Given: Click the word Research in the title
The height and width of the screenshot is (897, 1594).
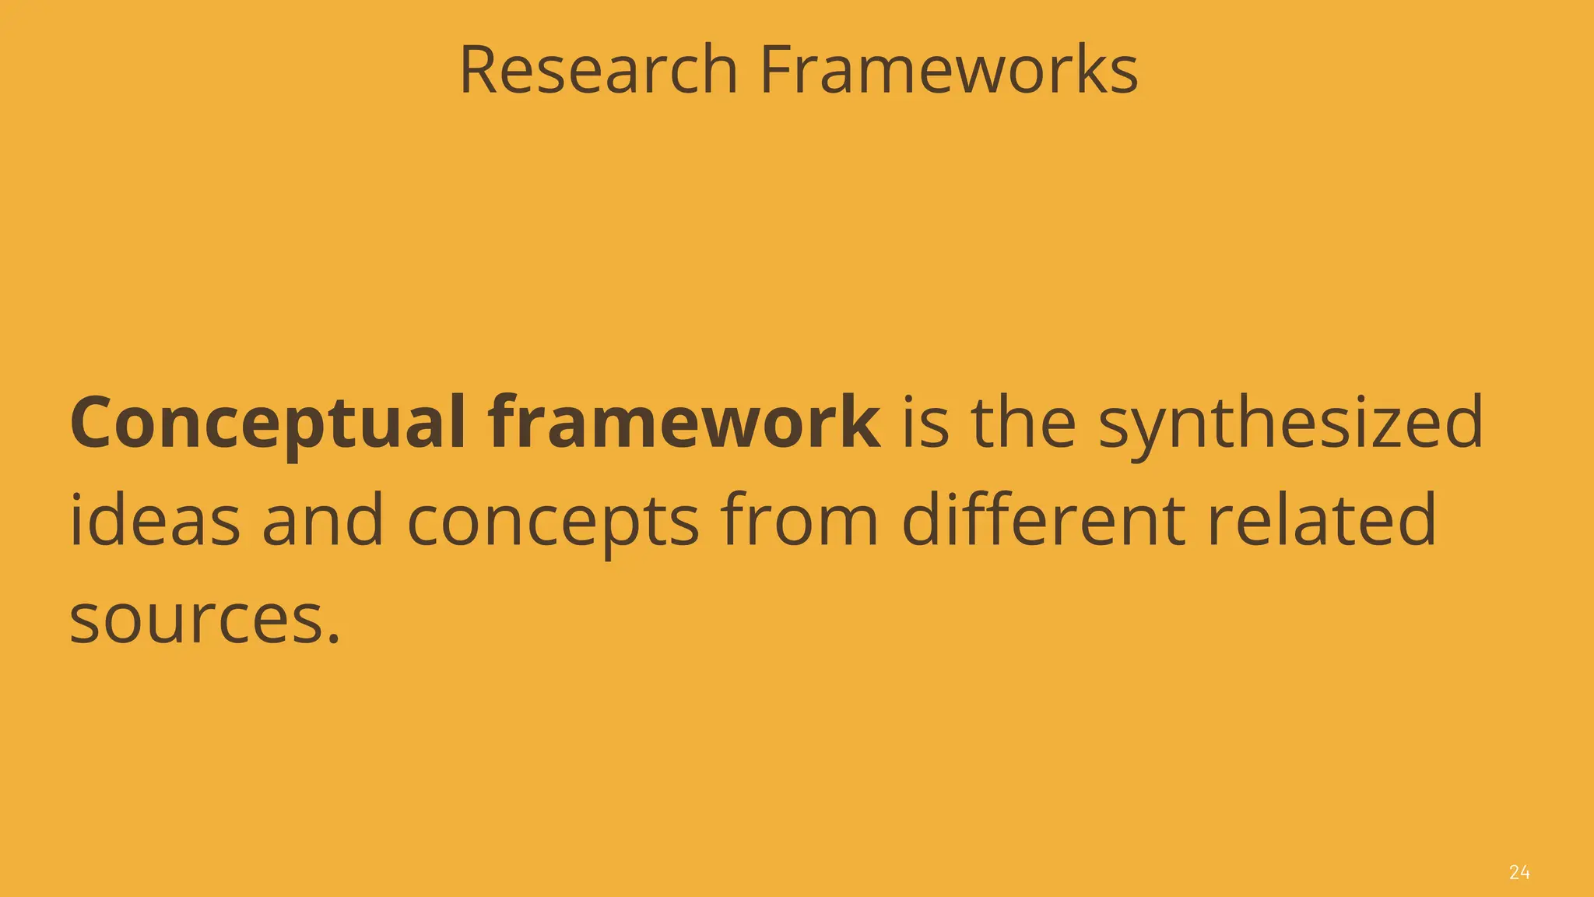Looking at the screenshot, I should pyautogui.click(x=598, y=70).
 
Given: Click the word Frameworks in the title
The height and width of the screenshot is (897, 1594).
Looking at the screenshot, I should pyautogui.click(x=949, y=70).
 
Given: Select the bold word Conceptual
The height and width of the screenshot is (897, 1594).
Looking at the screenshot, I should pyautogui.click(x=268, y=424).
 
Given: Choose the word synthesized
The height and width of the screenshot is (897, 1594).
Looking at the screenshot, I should pyautogui.click(x=1290, y=424).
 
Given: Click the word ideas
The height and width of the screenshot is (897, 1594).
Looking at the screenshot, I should pyautogui.click(x=155, y=520).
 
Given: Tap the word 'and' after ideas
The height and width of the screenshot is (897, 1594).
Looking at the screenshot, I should pyautogui.click(x=323, y=520).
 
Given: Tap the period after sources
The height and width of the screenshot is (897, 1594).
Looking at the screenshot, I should pyautogui.click(x=334, y=640).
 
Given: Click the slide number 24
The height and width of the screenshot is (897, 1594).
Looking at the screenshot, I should pyautogui.click(x=1519, y=872).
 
